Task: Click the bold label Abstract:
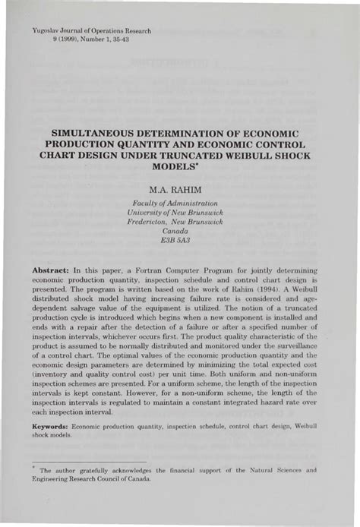[x=50, y=270]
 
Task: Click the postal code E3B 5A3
[x=180, y=239]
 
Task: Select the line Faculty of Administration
[x=180, y=203]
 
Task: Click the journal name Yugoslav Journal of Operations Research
[x=93, y=31]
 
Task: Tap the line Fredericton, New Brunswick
[x=180, y=221]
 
